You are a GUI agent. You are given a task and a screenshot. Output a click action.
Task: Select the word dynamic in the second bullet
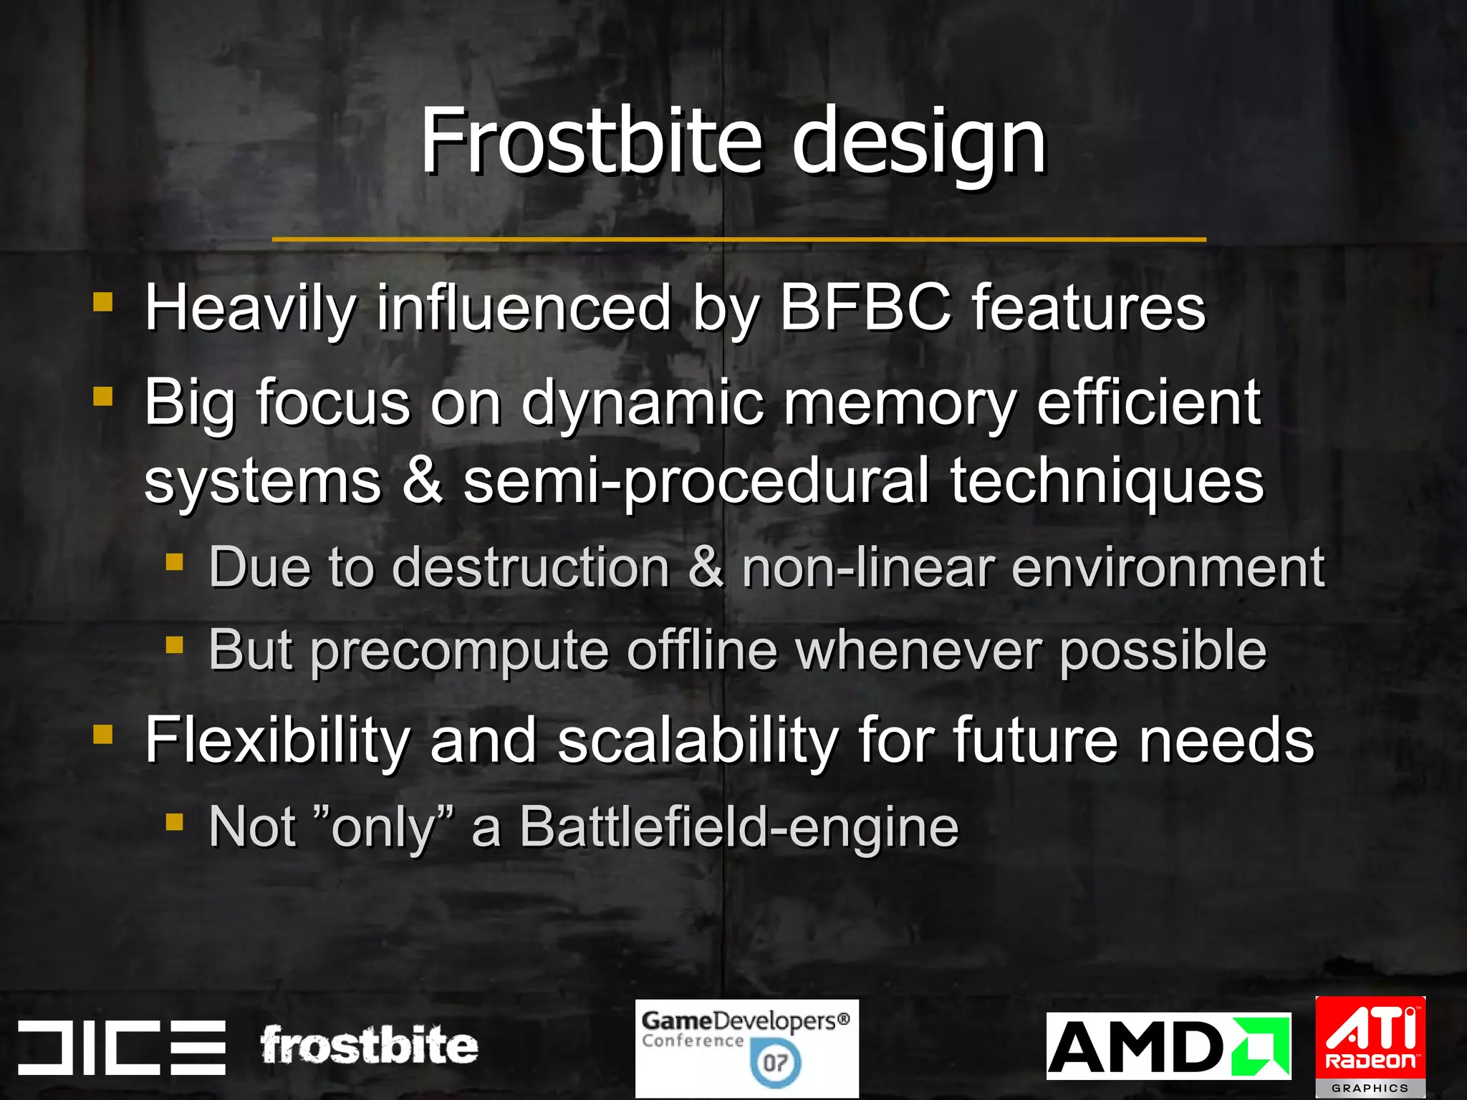(643, 403)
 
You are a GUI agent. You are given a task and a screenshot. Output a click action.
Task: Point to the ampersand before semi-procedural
(423, 480)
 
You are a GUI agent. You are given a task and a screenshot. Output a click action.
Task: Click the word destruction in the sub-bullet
(531, 567)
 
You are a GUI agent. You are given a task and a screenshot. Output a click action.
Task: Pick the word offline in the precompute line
(702, 650)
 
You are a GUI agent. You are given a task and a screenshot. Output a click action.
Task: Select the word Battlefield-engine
(739, 826)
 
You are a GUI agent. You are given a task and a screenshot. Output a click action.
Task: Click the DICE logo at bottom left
(122, 1046)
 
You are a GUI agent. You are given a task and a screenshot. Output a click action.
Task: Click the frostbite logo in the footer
(369, 1046)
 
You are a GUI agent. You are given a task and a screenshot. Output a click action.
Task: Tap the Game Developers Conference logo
(746, 1048)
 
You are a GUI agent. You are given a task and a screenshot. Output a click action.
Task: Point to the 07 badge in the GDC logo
(775, 1062)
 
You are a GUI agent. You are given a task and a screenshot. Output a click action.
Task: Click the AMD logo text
(1139, 1047)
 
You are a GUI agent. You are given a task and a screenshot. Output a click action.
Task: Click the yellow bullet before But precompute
(174, 645)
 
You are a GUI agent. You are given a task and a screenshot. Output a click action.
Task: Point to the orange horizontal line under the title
(739, 239)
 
